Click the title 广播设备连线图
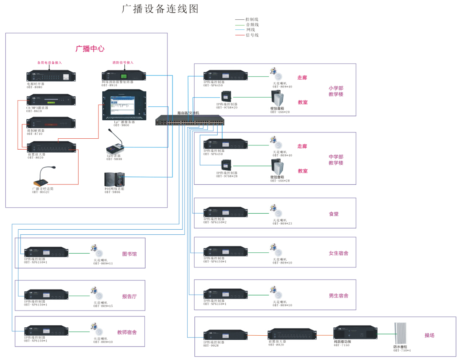160,9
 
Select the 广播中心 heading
90,49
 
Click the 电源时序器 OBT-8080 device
51,76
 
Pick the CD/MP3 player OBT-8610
51,100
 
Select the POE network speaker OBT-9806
114,179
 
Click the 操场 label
430,335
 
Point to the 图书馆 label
129,254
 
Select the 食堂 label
334,214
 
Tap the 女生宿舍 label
338,253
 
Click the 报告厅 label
129,296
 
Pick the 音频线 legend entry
252,25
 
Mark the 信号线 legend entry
252,35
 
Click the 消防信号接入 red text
123,62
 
